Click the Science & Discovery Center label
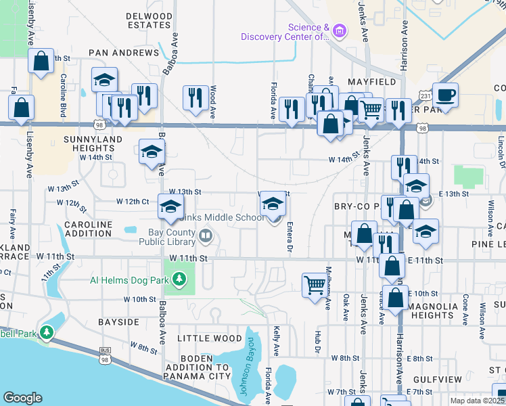click(308, 32)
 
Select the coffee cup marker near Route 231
click(444, 95)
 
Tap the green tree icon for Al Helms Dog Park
click(179, 279)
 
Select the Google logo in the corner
click(22, 398)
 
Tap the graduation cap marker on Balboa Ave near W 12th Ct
click(170, 205)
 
